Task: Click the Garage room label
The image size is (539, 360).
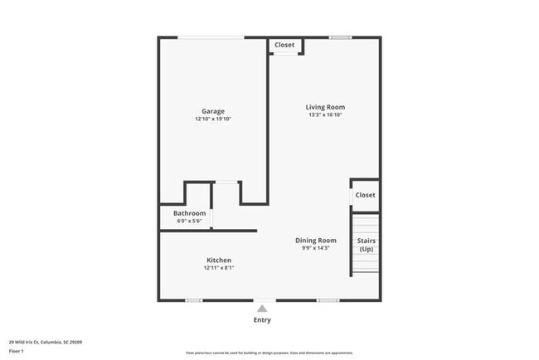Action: [x=213, y=111]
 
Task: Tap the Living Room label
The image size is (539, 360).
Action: [x=325, y=107]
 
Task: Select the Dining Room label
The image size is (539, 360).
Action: [x=316, y=241]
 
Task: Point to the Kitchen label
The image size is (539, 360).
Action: [x=219, y=260]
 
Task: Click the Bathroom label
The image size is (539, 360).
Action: [x=189, y=213]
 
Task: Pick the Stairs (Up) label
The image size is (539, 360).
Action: [x=366, y=245]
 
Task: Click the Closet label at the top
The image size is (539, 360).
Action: [x=284, y=45]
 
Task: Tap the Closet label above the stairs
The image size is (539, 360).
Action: [x=365, y=195]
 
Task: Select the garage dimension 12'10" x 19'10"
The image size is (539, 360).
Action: [x=213, y=119]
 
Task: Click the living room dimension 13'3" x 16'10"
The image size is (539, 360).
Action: [x=325, y=115]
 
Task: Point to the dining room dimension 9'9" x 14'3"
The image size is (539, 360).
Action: [x=316, y=248]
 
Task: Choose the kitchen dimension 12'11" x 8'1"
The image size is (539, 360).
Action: [x=219, y=268]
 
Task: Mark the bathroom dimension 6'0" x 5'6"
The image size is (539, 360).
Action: [x=189, y=221]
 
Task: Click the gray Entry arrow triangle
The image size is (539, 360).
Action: [x=262, y=309]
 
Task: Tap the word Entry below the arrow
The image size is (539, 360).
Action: [x=262, y=320]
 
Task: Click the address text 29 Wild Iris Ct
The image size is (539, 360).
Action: [x=46, y=341]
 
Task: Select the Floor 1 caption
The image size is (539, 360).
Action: [x=17, y=351]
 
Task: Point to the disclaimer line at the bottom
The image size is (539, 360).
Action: [x=269, y=353]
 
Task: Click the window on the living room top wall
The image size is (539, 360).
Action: [x=340, y=37]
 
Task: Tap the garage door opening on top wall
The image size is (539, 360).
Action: [x=212, y=37]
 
